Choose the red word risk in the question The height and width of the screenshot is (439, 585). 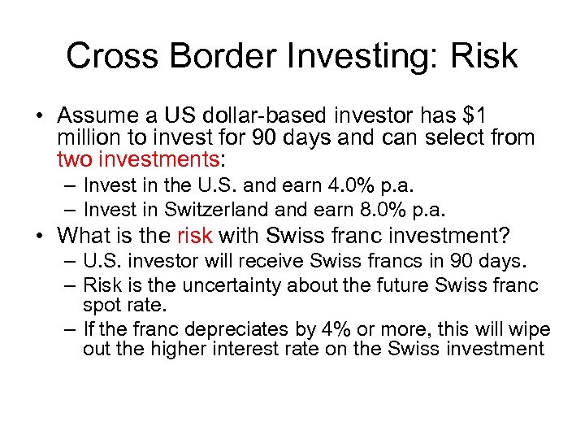[194, 236]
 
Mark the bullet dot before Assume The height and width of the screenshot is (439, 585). [41, 117]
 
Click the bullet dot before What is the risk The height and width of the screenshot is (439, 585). [41, 236]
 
